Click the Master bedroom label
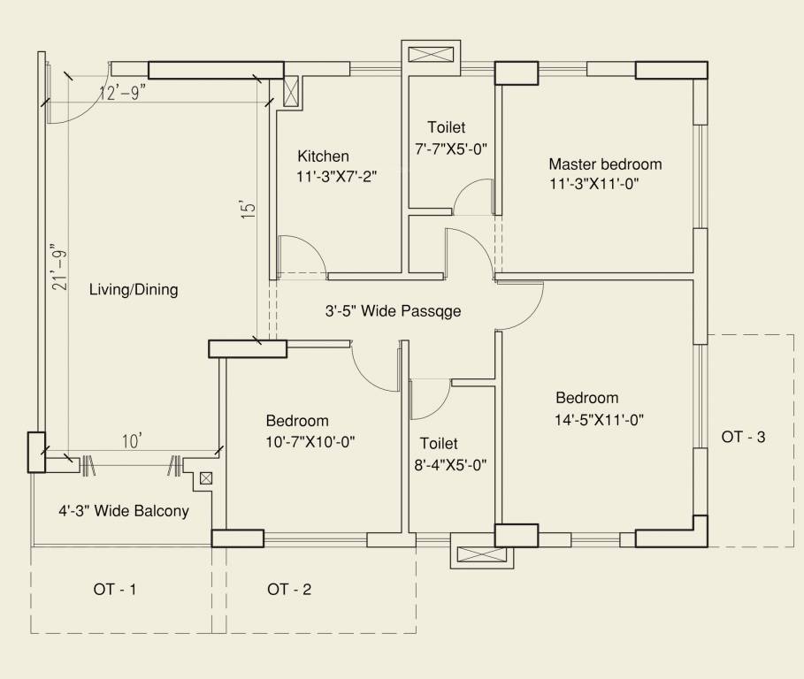605,164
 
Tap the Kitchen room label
323,156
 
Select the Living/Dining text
134,290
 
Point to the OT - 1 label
115,590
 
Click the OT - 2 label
289,590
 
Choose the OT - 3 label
743,437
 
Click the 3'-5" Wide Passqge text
393,311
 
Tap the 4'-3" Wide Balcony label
124,511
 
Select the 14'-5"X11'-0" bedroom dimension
599,421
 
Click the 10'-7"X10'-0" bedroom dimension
310,441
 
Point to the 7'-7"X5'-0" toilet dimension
451,149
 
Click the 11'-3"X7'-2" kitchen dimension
337,177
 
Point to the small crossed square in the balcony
206,478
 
